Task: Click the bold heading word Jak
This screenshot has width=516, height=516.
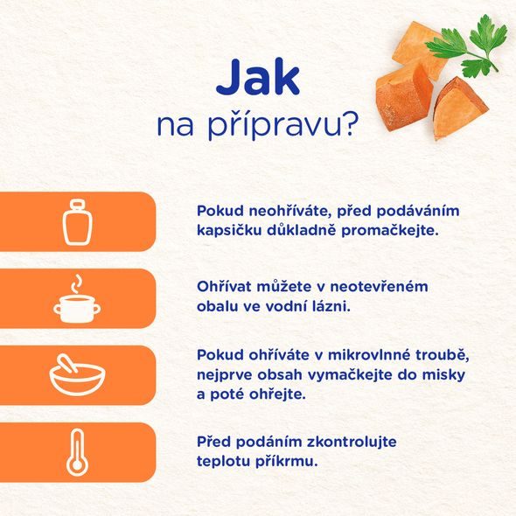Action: (256, 78)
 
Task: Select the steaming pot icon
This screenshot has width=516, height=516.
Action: (77, 297)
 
